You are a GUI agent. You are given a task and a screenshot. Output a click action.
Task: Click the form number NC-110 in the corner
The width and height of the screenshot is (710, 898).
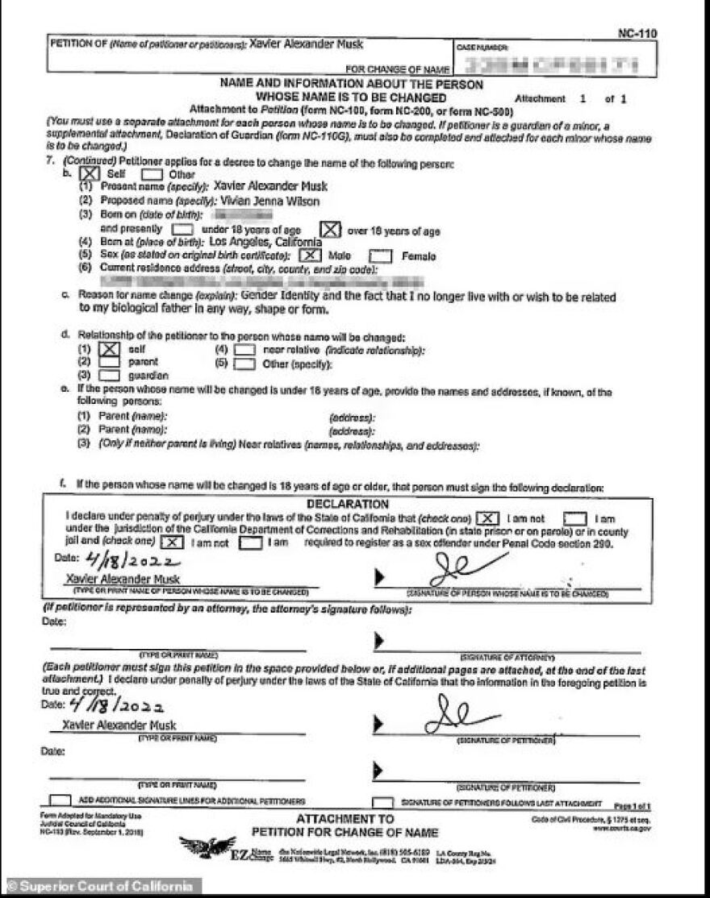637,33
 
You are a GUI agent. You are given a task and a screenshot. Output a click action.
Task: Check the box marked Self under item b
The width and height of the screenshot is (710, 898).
90,173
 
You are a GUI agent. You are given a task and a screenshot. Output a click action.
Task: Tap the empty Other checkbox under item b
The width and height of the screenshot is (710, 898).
151,173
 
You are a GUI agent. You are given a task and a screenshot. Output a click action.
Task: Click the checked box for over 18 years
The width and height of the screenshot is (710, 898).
328,230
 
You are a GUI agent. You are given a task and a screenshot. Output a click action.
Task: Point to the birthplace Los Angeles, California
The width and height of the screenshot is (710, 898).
265,241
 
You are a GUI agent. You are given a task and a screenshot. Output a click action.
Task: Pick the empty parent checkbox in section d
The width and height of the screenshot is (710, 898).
110,362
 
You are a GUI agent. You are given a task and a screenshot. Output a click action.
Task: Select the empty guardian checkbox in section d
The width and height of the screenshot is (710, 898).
110,375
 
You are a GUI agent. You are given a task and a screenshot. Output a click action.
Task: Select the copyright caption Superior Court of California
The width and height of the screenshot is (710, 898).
100,887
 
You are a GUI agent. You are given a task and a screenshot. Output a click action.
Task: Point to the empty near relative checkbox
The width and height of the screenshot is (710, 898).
244,350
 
